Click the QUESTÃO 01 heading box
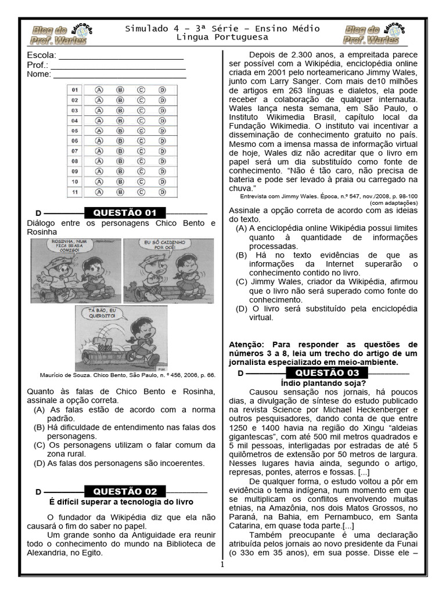click(x=125, y=213)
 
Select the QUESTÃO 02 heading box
click(x=125, y=491)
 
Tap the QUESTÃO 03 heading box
click(x=328, y=372)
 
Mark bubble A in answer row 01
click(x=99, y=90)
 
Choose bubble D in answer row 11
click(x=162, y=192)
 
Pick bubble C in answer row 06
click(x=141, y=141)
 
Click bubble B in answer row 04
click(x=120, y=121)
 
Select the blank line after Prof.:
click(x=118, y=67)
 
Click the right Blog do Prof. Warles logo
click(x=375, y=34)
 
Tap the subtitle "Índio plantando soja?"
click(x=323, y=383)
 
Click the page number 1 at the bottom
click(x=222, y=564)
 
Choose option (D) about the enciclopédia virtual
click(x=326, y=313)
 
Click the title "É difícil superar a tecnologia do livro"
click(x=121, y=502)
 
